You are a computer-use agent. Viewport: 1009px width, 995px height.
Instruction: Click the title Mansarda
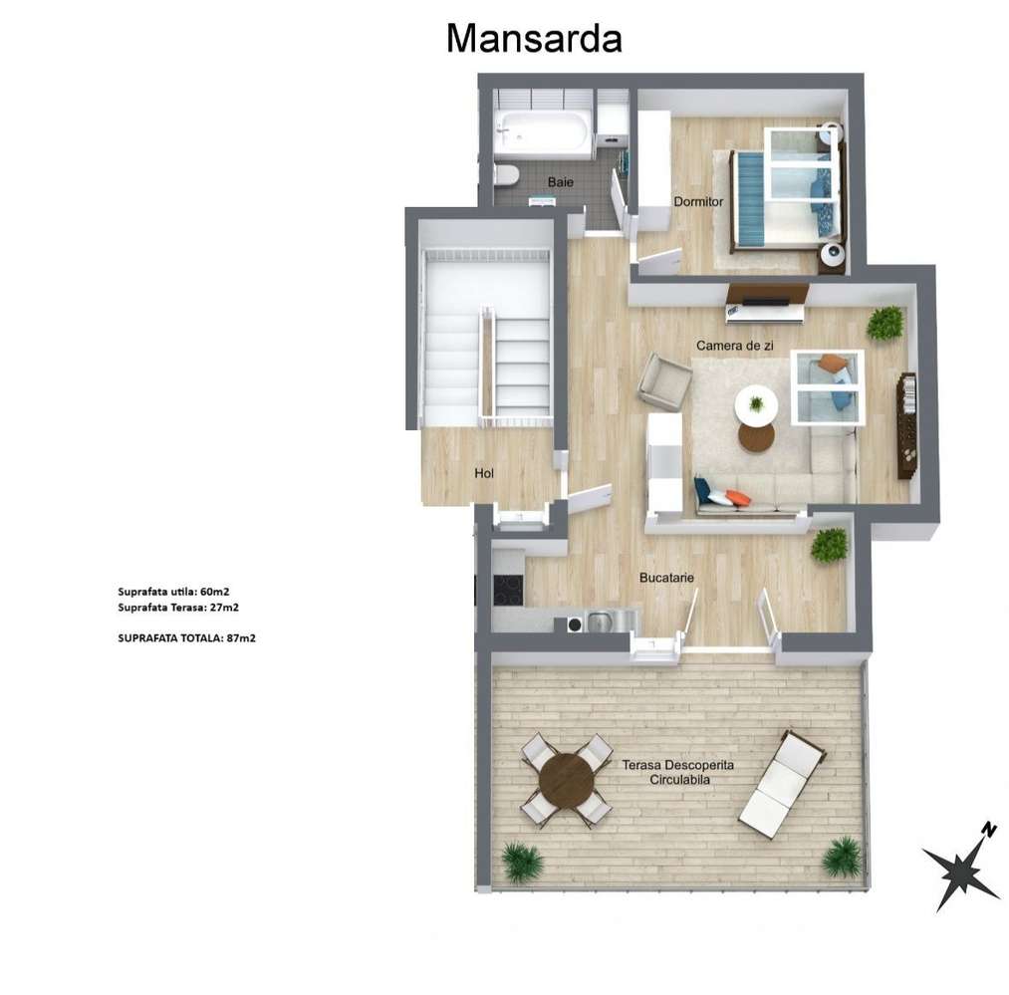coord(534,38)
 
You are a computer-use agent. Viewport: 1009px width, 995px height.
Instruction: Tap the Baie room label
coord(561,182)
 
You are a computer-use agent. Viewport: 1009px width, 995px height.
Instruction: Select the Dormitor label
coord(698,201)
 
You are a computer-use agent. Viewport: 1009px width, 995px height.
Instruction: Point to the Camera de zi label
coord(735,345)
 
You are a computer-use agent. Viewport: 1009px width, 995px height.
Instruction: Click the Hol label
coord(484,473)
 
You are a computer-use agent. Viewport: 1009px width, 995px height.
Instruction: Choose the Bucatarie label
coord(666,577)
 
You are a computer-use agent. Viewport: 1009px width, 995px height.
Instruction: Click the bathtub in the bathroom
coord(543,133)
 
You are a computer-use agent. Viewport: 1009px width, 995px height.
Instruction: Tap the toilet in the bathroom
coord(506,176)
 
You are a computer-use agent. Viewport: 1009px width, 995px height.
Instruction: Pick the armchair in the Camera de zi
coord(664,380)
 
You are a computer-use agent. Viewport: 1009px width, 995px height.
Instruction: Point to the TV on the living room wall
coord(765,297)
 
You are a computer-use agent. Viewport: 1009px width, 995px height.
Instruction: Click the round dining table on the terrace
coord(566,779)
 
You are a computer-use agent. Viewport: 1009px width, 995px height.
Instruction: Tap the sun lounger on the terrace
coord(782,782)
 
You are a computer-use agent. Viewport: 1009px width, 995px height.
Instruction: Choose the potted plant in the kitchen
coord(829,545)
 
